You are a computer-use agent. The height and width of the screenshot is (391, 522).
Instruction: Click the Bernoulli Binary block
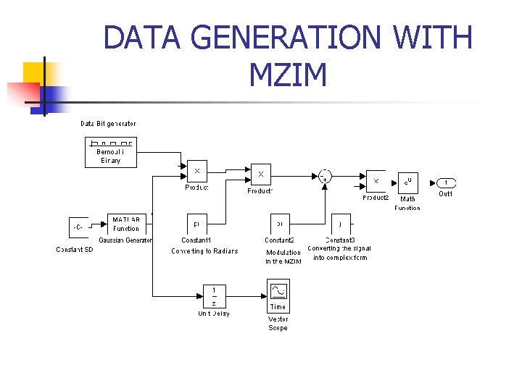point(110,151)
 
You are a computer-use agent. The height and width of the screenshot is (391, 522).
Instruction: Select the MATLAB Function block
point(125,224)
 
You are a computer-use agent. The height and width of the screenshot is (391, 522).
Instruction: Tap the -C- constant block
point(78,227)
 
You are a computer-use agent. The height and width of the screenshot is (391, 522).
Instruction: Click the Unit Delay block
point(214,296)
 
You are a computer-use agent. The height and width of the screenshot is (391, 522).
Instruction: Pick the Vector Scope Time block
point(278,297)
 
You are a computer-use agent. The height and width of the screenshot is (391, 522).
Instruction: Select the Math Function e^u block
point(408,182)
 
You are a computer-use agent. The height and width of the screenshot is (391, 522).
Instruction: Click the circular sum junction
point(325,176)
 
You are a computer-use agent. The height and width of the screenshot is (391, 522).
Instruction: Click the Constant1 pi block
point(197,224)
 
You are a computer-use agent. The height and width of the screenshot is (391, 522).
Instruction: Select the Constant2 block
point(280,224)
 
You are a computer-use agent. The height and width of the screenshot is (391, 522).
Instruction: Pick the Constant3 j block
point(341,224)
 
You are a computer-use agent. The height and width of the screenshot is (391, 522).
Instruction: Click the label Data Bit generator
point(108,124)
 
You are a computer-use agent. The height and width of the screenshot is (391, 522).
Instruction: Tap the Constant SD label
point(75,250)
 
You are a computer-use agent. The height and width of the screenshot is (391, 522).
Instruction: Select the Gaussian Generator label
point(125,240)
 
